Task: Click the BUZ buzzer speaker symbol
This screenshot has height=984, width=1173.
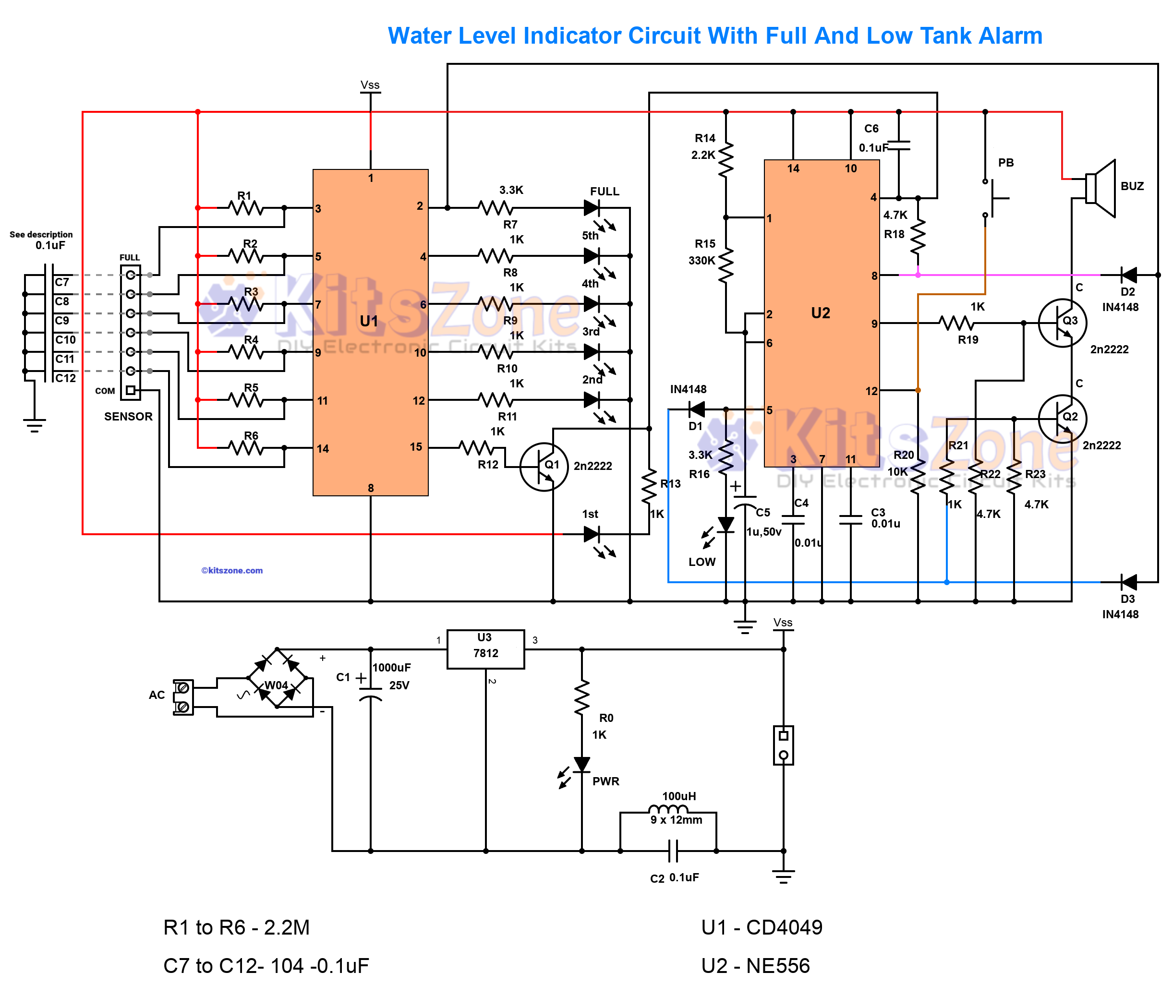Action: click(x=1100, y=188)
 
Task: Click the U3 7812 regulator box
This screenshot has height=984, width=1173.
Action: click(x=485, y=649)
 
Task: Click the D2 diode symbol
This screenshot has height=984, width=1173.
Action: click(x=1128, y=275)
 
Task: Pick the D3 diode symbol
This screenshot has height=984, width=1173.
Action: click(x=1128, y=582)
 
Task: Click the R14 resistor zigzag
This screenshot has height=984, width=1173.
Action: click(x=726, y=160)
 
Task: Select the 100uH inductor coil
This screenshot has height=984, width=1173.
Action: click(x=667, y=809)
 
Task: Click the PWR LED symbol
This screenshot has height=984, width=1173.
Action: click(x=581, y=765)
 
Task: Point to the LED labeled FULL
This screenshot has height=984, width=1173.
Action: click(x=592, y=208)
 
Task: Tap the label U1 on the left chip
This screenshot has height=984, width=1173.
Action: click(x=369, y=321)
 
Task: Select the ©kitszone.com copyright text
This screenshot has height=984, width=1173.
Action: click(x=232, y=570)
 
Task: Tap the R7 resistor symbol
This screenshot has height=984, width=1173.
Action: click(x=496, y=208)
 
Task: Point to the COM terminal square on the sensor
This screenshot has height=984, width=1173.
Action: click(x=130, y=390)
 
